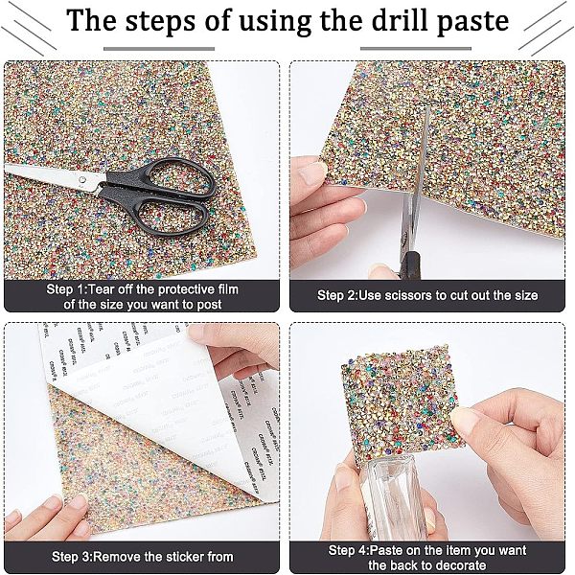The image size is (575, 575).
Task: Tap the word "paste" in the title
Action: pyautogui.click(x=473, y=23)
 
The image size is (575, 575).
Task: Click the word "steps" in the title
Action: pyautogui.click(x=160, y=22)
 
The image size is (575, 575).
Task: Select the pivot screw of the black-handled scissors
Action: pyautogui.click(x=83, y=179)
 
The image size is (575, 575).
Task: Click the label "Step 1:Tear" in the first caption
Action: pyautogui.click(x=77, y=289)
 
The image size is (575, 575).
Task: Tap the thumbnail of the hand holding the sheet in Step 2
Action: pyautogui.click(x=310, y=172)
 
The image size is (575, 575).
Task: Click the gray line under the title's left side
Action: pyautogui.click(x=159, y=49)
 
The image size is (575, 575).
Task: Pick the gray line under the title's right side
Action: pyautogui.click(x=416, y=49)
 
